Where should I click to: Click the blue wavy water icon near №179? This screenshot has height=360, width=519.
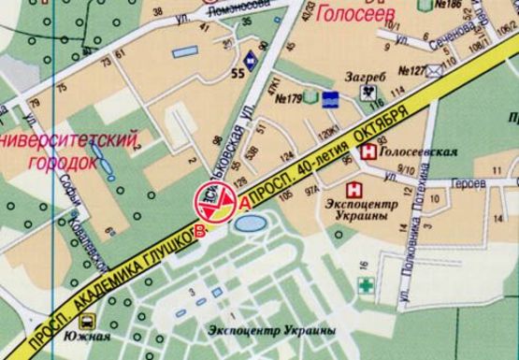(x=330, y=98)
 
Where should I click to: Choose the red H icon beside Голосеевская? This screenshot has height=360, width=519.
(x=371, y=150)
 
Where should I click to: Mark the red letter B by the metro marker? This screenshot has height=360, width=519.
(x=199, y=231)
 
